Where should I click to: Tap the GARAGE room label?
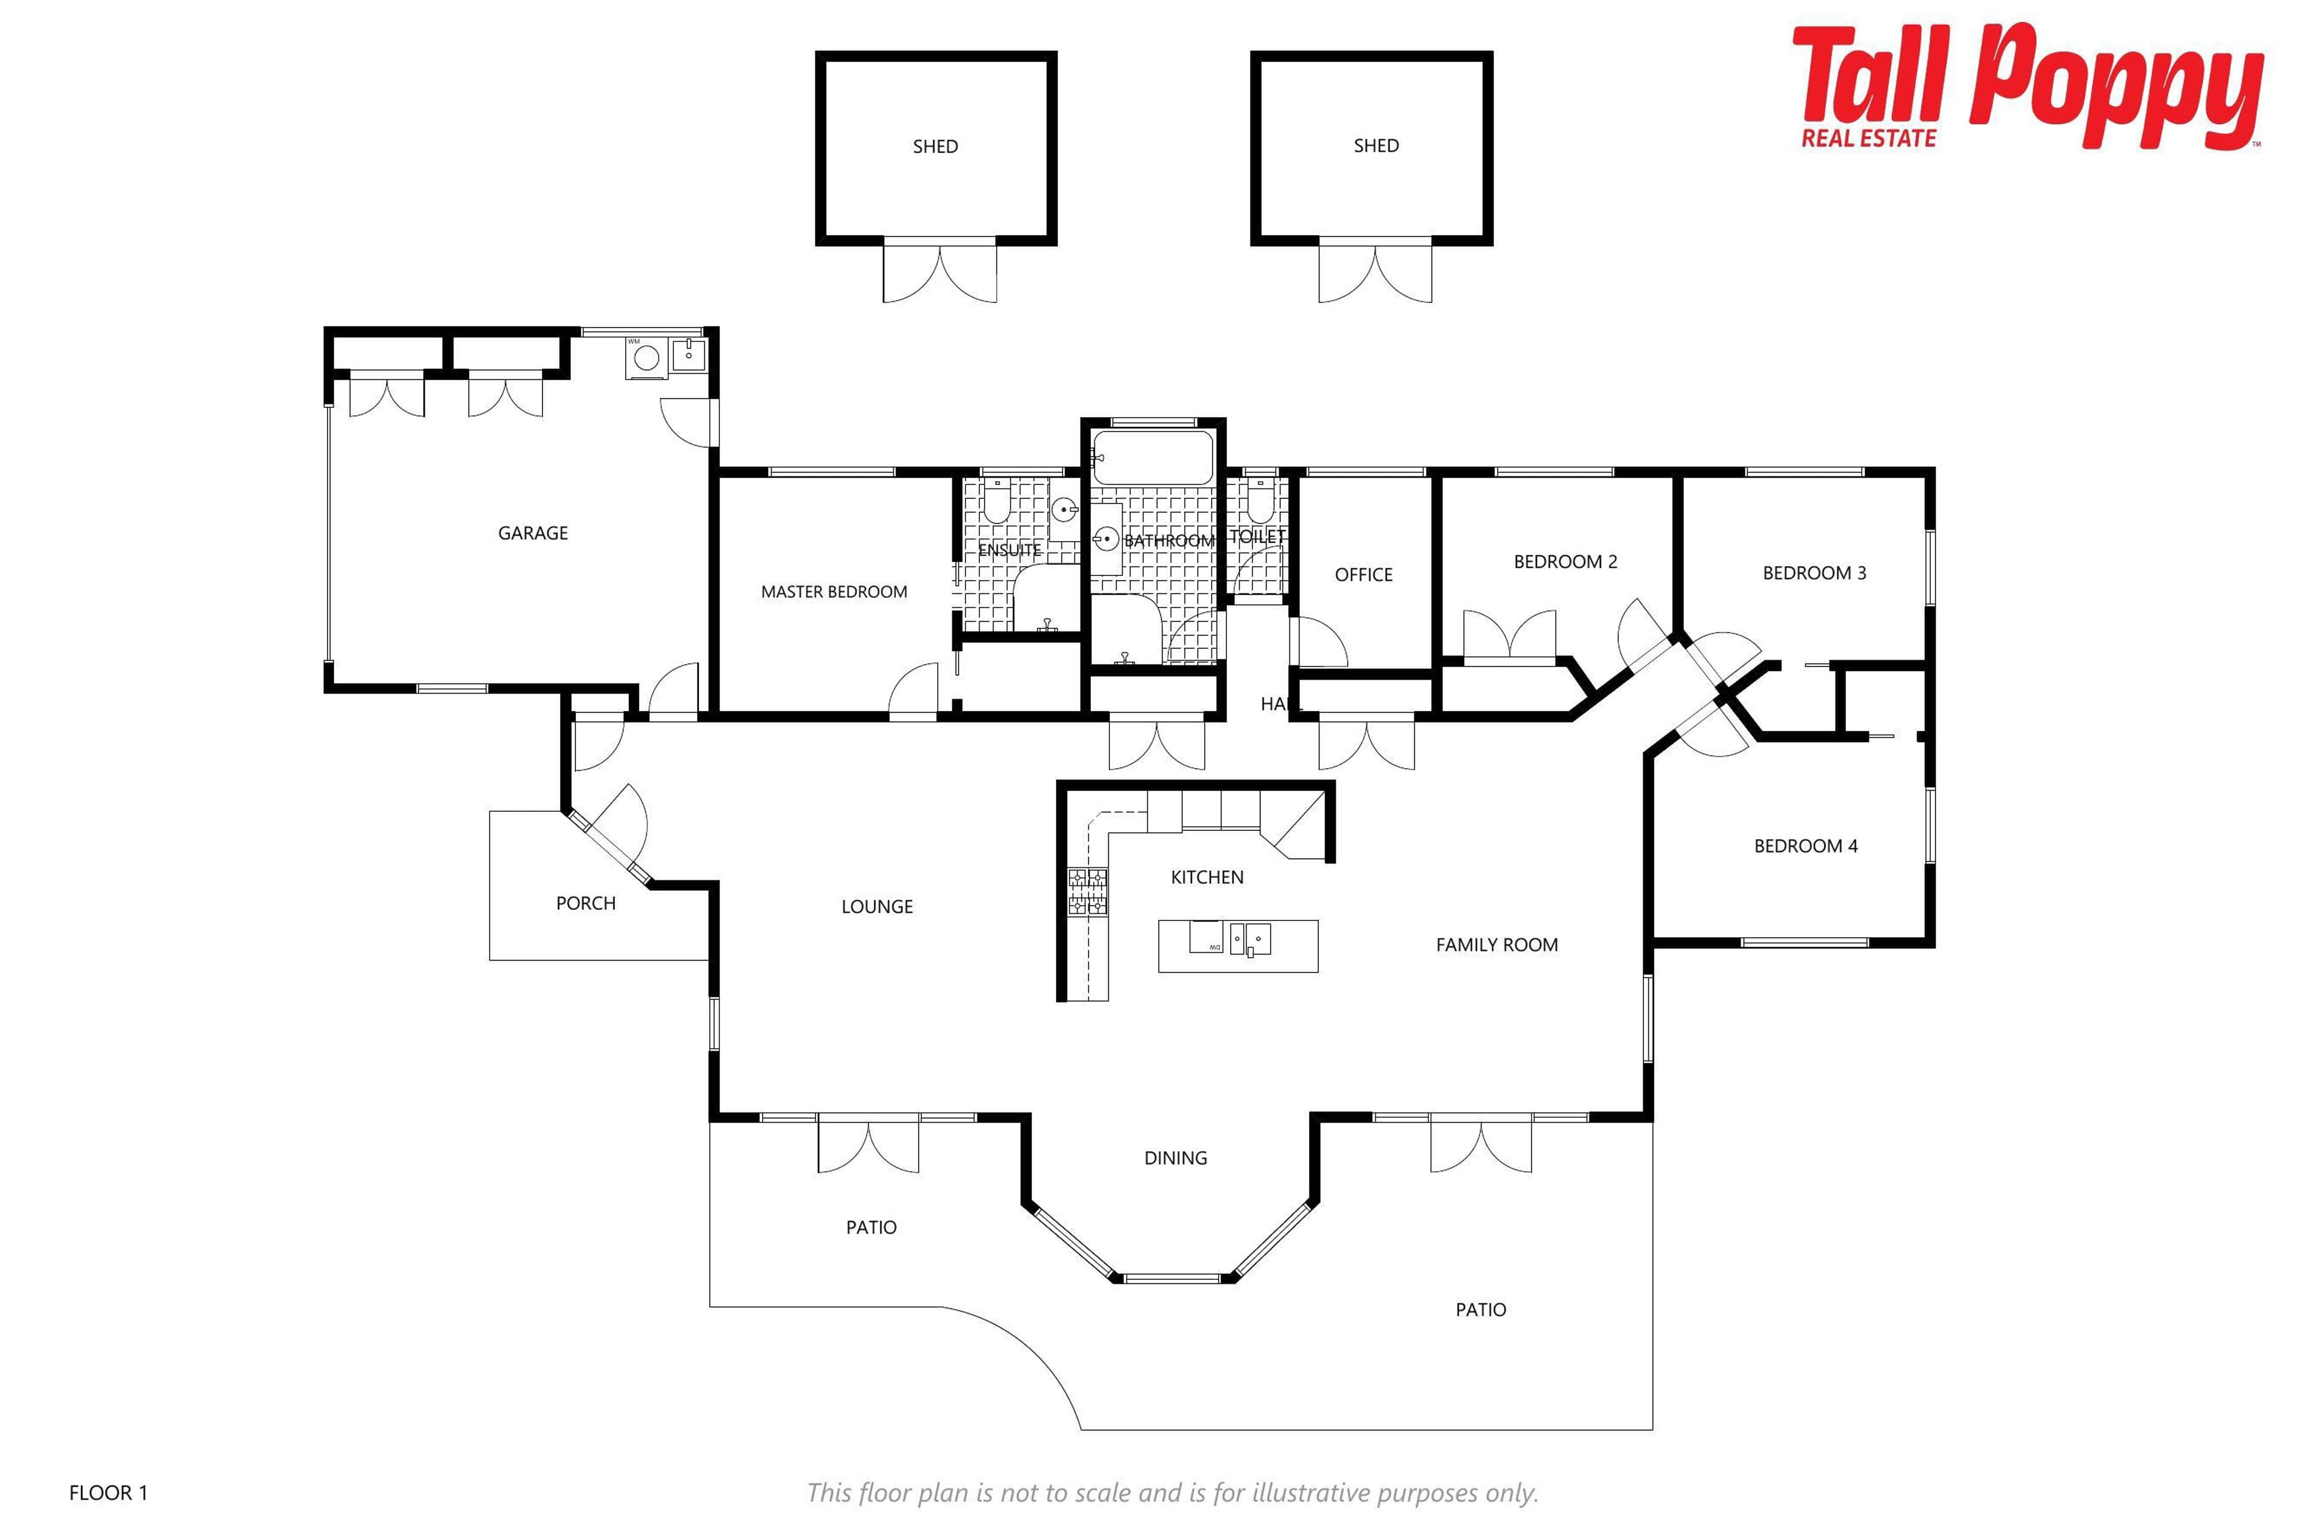pyautogui.click(x=533, y=533)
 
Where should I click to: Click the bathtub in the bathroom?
pyautogui.click(x=1153, y=457)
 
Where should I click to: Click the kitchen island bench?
pyautogui.click(x=1238, y=946)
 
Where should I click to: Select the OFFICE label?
pyautogui.click(x=1364, y=575)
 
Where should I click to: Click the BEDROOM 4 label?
pyautogui.click(x=1805, y=847)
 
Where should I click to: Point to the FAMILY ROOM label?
pyautogui.click(x=1497, y=946)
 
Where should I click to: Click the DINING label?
pyautogui.click(x=1175, y=1158)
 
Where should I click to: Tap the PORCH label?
pyautogui.click(x=586, y=903)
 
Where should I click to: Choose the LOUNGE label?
pyautogui.click(x=877, y=907)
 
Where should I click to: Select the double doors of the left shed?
pyautogui.click(x=940, y=271)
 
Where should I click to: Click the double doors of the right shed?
pyautogui.click(x=1375, y=271)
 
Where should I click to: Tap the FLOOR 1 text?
pyautogui.click(x=108, y=1493)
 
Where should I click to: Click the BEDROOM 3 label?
pyautogui.click(x=1814, y=573)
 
